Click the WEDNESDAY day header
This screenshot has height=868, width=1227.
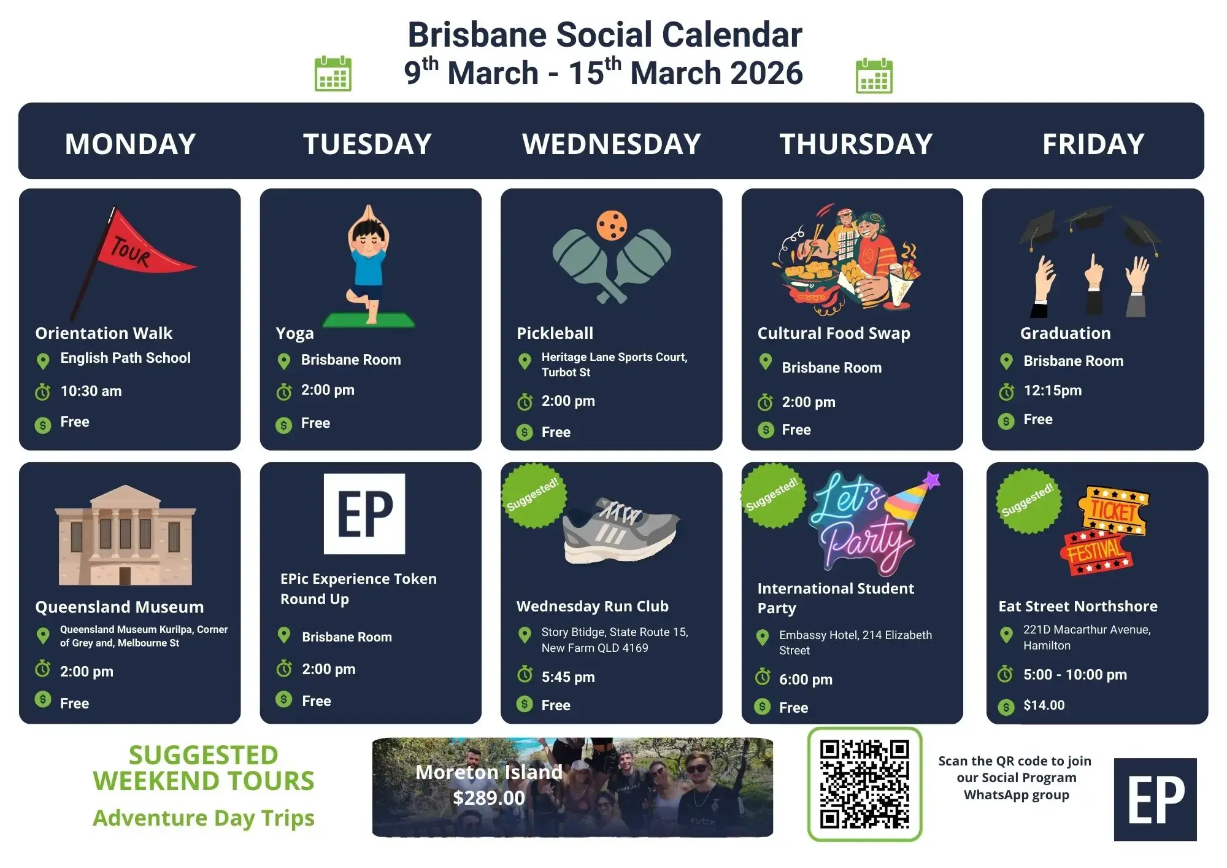tap(611, 144)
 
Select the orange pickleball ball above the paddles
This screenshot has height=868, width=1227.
tap(612, 225)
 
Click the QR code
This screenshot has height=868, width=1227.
tap(864, 784)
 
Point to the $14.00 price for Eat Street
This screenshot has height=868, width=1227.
tap(1044, 705)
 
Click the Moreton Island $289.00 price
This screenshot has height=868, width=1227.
tap(489, 797)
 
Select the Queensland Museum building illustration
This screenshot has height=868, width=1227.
tap(125, 535)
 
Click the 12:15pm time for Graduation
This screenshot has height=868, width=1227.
tap(1052, 390)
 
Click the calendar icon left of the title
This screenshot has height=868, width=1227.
tap(333, 74)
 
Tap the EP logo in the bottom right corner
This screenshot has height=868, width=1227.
tap(1155, 799)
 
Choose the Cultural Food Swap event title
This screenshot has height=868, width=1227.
tap(834, 333)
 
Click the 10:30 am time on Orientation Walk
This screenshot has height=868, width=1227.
tap(91, 391)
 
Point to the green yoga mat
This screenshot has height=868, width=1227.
tap(369, 320)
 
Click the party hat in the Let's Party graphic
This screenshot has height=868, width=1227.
tap(913, 500)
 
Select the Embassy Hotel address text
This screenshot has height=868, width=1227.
tap(855, 642)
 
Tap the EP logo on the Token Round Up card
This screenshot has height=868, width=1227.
tap(364, 514)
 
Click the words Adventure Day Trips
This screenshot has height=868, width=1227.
tap(204, 818)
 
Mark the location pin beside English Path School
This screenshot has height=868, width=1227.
tap(43, 361)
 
